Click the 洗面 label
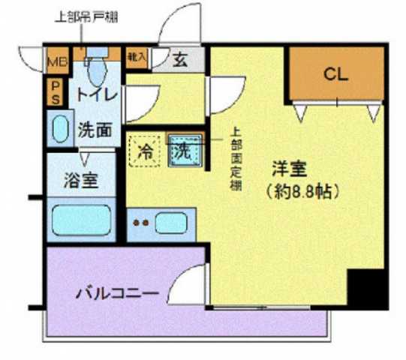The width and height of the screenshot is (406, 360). [95, 129]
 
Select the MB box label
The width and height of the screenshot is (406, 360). [57, 62]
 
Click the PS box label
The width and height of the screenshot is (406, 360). [56, 92]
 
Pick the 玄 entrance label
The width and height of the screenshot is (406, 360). [181, 61]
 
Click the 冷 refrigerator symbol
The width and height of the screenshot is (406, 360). [146, 150]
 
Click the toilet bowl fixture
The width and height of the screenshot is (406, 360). [95, 71]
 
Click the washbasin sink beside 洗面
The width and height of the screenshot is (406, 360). [59, 129]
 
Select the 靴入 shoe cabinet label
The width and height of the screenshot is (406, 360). [136, 57]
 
